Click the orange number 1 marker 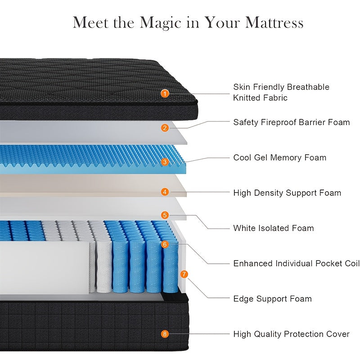tap(165, 94)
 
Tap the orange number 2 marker tap(165, 128)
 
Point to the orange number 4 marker tap(165, 192)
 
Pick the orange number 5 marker tap(165, 215)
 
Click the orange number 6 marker tap(165, 244)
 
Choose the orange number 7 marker tap(184, 274)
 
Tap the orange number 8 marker tap(165, 334)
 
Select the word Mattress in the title tap(274, 22)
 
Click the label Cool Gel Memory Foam tap(279, 157)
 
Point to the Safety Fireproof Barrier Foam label tap(291, 122)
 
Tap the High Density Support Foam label tap(287, 193)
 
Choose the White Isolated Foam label tap(273, 228)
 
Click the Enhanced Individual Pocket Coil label tap(296, 263)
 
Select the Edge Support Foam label tap(272, 299)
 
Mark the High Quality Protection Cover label tap(291, 334)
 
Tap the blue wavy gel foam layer tap(90, 160)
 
